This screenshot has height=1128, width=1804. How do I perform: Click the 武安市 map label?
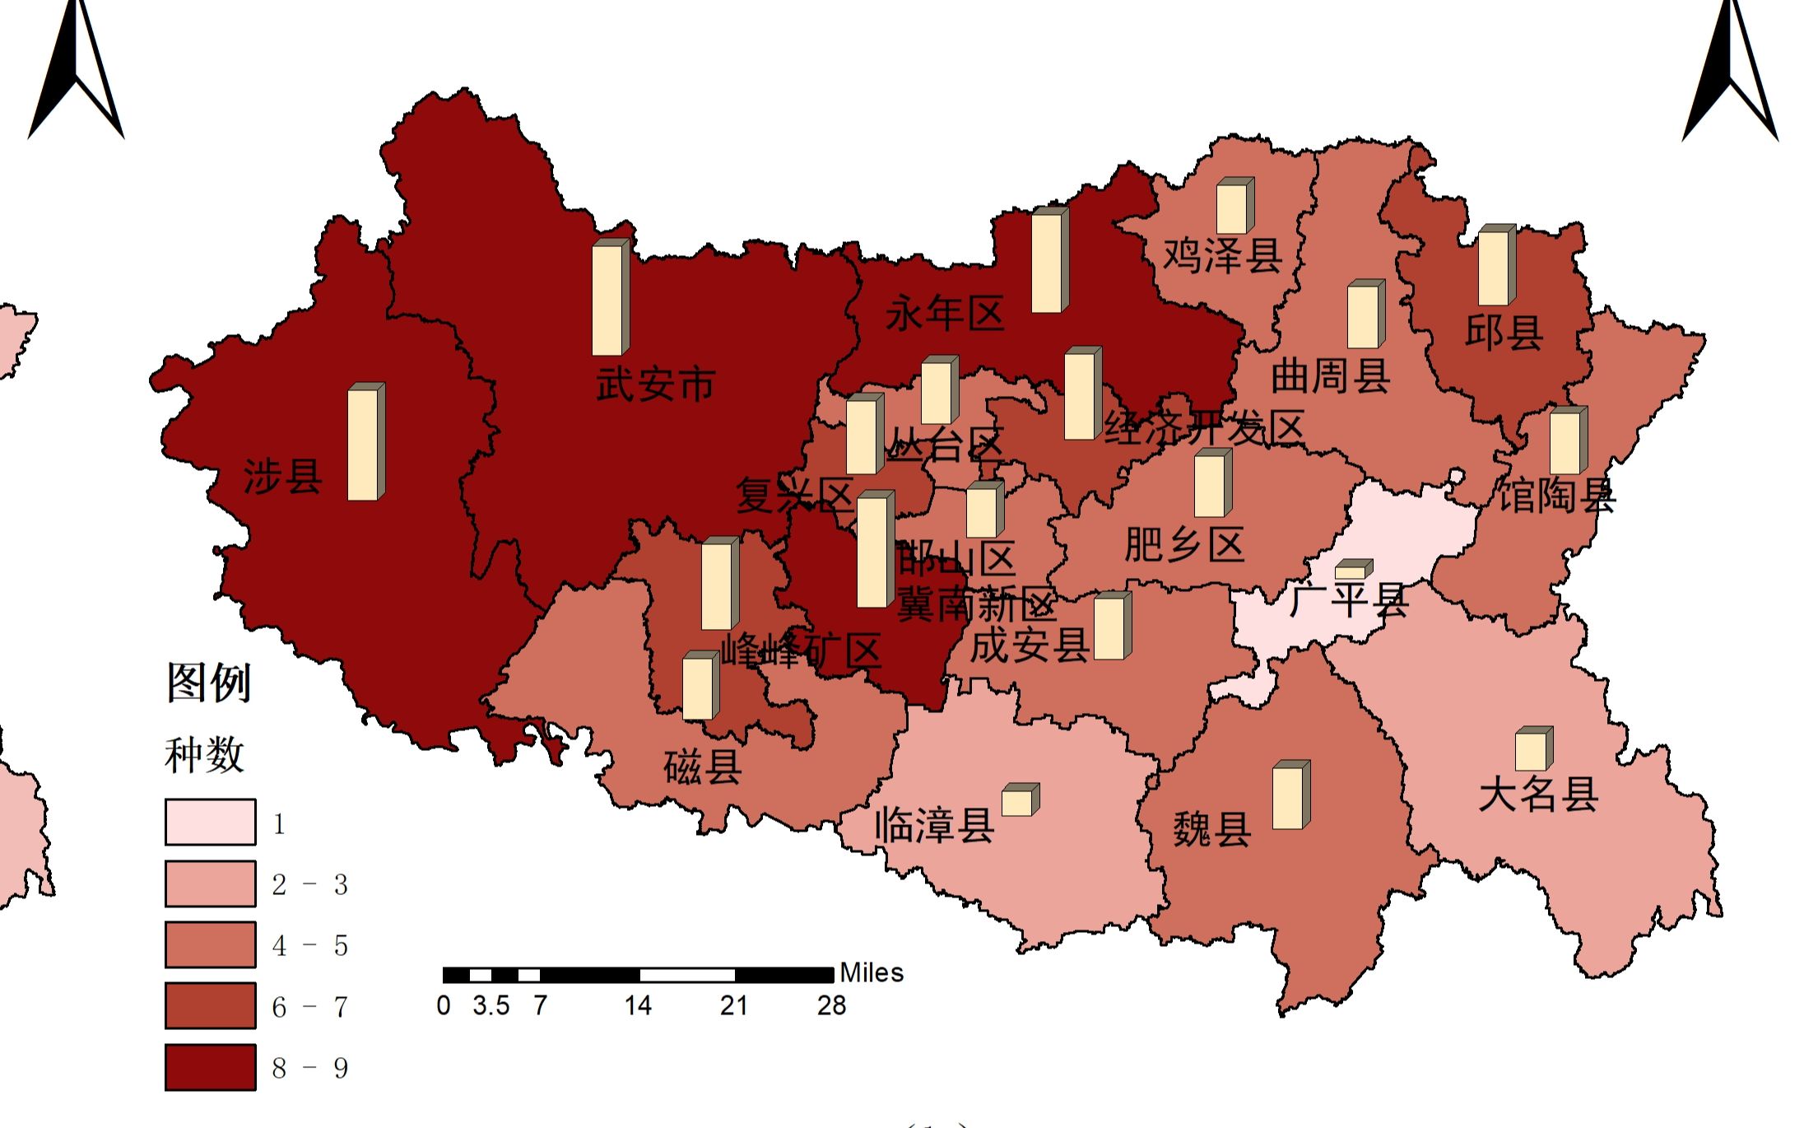click(x=655, y=385)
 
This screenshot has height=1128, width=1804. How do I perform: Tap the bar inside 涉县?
click(x=365, y=442)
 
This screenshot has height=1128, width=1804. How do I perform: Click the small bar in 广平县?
click(x=1353, y=570)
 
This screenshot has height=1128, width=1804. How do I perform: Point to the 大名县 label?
click(x=1537, y=795)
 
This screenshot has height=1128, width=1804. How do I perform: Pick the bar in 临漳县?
click(x=1020, y=800)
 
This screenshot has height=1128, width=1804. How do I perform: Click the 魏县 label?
click(x=1211, y=828)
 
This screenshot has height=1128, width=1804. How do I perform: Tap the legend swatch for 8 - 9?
click(x=210, y=1067)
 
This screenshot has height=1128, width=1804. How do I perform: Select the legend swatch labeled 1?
click(x=210, y=822)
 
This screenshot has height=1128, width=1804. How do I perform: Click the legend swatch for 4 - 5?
click(x=210, y=944)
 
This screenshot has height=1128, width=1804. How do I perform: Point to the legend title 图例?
click(x=208, y=683)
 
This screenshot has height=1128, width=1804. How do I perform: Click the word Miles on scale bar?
click(x=871, y=973)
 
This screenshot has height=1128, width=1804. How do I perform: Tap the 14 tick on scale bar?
click(x=638, y=1005)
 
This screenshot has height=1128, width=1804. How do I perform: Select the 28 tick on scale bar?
click(x=831, y=1005)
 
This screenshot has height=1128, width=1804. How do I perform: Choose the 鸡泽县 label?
click(x=1222, y=255)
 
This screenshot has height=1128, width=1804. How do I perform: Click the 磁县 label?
click(x=702, y=767)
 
